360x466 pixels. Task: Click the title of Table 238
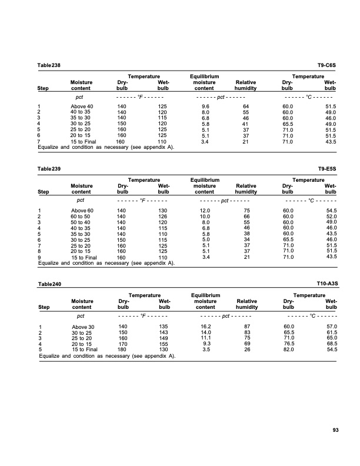tap(49, 64)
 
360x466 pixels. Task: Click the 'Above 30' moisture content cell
tap(82, 327)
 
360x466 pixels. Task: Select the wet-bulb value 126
tap(161, 216)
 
